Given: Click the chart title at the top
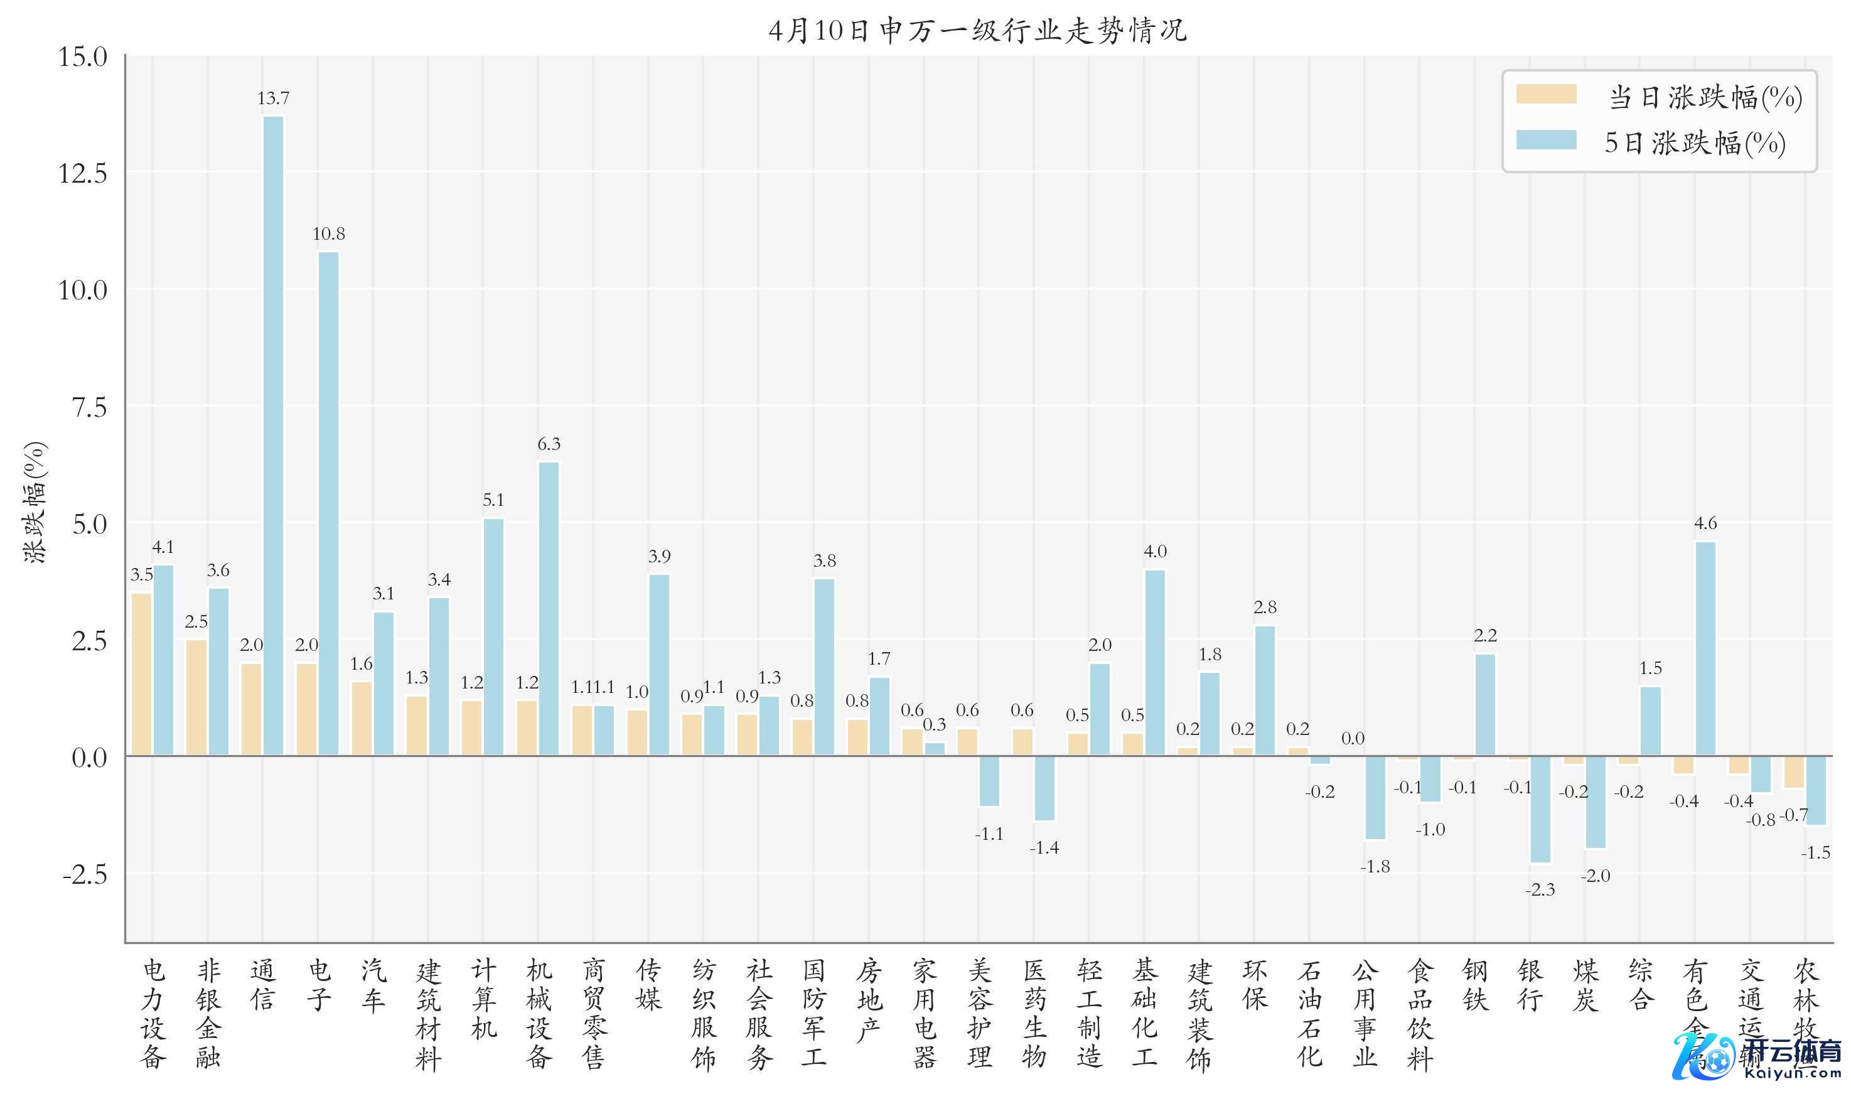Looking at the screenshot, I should tap(977, 31).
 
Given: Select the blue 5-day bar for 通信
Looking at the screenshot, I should tap(274, 435).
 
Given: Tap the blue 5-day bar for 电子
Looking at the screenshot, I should tap(329, 503).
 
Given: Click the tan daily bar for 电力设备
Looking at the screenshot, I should tap(141, 674).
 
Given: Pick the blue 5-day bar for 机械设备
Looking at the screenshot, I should tap(549, 608).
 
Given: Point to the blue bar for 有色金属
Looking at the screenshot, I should tap(1705, 649).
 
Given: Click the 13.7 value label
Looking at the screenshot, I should tap(274, 98).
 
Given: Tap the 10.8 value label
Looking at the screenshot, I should tap(329, 233).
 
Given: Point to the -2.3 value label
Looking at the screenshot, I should tap(1540, 890).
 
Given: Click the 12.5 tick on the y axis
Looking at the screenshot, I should tap(83, 174).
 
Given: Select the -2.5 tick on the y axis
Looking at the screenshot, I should tap(85, 875).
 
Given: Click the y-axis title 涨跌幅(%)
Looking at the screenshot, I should tap(35, 503).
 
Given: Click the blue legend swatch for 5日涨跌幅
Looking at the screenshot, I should tap(1546, 141).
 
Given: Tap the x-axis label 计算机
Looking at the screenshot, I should tap(483, 1000).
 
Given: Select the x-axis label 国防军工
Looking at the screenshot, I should tap(814, 1014).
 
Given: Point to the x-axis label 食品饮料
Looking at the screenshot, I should tap(1420, 1014).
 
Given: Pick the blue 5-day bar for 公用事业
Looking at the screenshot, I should tap(1375, 798).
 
